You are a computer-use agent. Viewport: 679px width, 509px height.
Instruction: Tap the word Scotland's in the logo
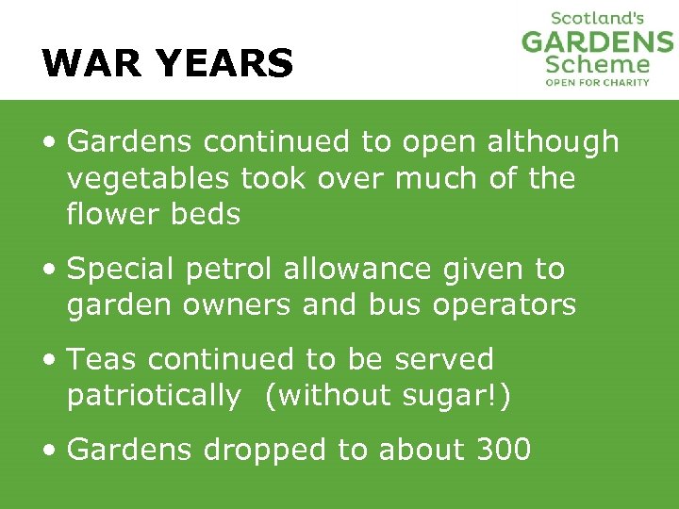pyautogui.click(x=597, y=18)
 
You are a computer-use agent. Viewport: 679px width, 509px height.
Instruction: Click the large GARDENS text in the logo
pyautogui.click(x=597, y=42)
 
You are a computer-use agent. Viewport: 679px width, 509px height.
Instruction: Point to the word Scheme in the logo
pyautogui.click(x=598, y=65)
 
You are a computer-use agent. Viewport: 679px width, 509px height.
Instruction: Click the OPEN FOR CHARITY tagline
pyautogui.click(x=598, y=83)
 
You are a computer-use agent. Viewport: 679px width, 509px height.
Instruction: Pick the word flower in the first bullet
pyautogui.click(x=107, y=214)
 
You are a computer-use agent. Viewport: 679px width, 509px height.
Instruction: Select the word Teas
pyautogui.click(x=103, y=359)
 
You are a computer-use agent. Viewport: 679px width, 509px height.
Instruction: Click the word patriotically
pyautogui.click(x=154, y=396)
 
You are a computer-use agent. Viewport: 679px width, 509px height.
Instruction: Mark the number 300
pyautogui.click(x=502, y=450)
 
